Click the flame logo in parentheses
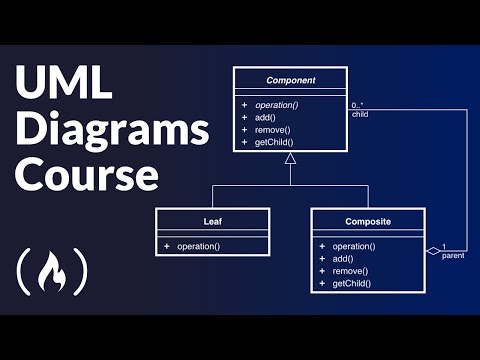53,269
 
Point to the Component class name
291,79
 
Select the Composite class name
368,219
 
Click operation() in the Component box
282,103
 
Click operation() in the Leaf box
198,246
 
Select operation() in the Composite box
353,246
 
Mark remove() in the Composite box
348,271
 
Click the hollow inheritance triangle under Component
291,157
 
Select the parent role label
453,256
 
